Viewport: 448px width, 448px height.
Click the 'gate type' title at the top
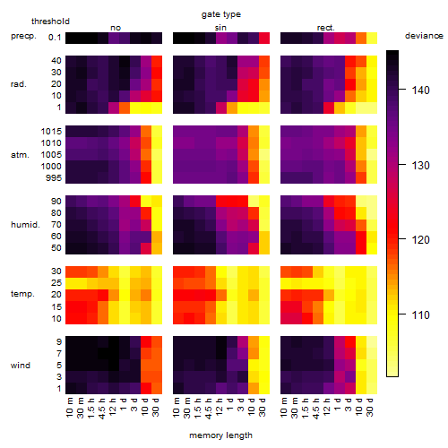(221, 14)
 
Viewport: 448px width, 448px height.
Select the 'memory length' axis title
(220, 435)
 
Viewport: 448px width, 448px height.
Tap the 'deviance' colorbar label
(424, 36)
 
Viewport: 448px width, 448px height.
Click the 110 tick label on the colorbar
(420, 314)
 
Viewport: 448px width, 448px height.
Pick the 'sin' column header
(220, 28)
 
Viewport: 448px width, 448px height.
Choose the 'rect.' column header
(325, 28)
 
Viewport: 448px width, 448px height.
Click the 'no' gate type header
(116, 28)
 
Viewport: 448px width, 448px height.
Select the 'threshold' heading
(50, 22)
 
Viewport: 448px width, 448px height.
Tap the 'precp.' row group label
(23, 36)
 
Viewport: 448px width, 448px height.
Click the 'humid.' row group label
(25, 224)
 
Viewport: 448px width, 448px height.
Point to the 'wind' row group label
(21, 366)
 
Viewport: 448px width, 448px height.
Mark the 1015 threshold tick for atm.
(51, 131)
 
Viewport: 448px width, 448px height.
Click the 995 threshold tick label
(54, 177)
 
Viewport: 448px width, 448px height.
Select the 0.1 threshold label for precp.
(55, 38)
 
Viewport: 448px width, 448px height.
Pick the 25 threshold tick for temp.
(56, 282)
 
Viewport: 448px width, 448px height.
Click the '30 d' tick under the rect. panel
(370, 408)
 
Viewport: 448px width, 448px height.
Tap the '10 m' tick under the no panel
(69, 408)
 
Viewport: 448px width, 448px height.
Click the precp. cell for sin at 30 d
(264, 39)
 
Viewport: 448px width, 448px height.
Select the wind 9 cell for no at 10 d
(146, 342)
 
